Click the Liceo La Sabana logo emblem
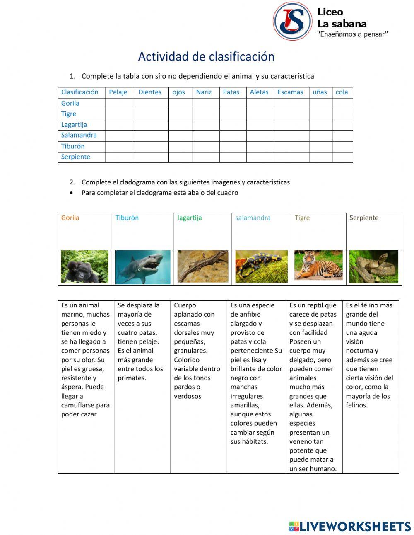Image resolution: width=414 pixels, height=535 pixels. (x=292, y=21)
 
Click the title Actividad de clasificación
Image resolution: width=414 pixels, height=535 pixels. (x=206, y=56)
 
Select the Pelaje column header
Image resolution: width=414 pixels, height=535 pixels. (x=118, y=92)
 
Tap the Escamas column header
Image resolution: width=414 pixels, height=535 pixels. (x=290, y=92)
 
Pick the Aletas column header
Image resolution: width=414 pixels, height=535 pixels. (x=259, y=92)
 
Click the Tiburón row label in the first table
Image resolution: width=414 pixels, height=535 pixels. (x=73, y=146)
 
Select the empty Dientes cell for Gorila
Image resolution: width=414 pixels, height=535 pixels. (x=151, y=104)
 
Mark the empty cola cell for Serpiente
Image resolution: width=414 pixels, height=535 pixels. (x=342, y=157)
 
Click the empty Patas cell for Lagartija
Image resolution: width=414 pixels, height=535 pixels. (x=232, y=125)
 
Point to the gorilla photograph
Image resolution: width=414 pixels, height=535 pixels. (x=84, y=267)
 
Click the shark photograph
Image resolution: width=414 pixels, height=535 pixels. (x=142, y=267)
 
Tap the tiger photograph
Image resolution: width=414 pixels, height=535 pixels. (x=318, y=265)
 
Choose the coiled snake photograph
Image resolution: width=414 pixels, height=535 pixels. (x=373, y=267)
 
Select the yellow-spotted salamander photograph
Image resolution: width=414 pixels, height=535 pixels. (x=261, y=266)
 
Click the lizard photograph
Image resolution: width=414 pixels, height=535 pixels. (x=202, y=266)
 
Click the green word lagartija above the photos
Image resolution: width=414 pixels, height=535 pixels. (x=190, y=218)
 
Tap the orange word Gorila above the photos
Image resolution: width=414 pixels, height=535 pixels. (x=70, y=218)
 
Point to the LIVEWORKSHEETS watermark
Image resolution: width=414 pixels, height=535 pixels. (x=350, y=526)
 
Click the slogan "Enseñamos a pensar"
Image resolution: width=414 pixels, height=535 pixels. (x=352, y=34)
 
